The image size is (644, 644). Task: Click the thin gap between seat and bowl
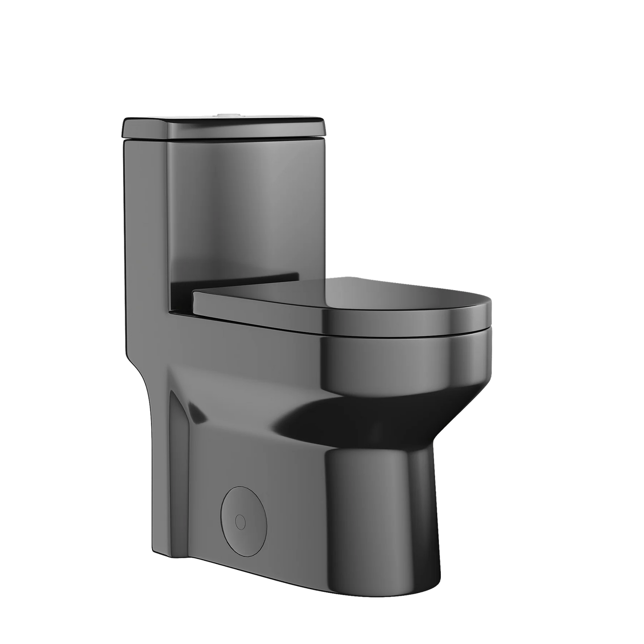point(401,335)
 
